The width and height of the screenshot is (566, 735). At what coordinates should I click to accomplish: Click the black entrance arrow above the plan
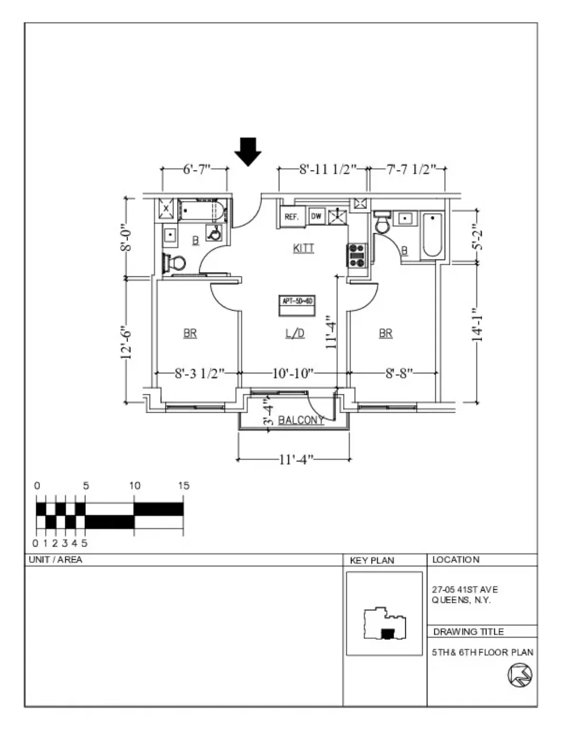(x=248, y=151)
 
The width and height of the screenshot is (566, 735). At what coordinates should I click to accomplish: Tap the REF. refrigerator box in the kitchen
(x=291, y=216)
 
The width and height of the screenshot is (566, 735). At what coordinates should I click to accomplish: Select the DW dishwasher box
(x=316, y=216)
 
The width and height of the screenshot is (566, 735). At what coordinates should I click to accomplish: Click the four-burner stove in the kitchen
(x=357, y=255)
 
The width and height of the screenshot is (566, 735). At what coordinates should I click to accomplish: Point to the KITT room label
(x=304, y=248)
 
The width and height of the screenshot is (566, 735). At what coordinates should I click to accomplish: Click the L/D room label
(x=295, y=333)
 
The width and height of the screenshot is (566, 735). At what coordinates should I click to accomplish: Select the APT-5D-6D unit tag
(x=297, y=301)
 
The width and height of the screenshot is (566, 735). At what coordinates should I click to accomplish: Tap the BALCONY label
(x=300, y=420)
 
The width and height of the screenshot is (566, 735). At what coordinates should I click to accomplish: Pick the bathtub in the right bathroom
(x=432, y=235)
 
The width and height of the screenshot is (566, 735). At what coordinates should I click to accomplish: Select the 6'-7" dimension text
(x=197, y=169)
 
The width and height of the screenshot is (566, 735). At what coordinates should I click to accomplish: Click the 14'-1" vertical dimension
(x=477, y=325)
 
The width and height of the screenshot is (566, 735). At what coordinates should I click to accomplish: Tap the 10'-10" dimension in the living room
(x=292, y=373)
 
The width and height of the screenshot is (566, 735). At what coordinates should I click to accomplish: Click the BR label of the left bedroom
(x=190, y=333)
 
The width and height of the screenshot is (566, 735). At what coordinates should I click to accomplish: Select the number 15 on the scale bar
(x=183, y=485)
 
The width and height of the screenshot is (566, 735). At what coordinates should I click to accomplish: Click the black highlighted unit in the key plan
(x=387, y=634)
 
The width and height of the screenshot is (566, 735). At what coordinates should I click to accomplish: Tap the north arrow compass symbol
(x=520, y=674)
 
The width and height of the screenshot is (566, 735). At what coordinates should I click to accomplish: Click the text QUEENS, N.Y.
(x=461, y=600)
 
